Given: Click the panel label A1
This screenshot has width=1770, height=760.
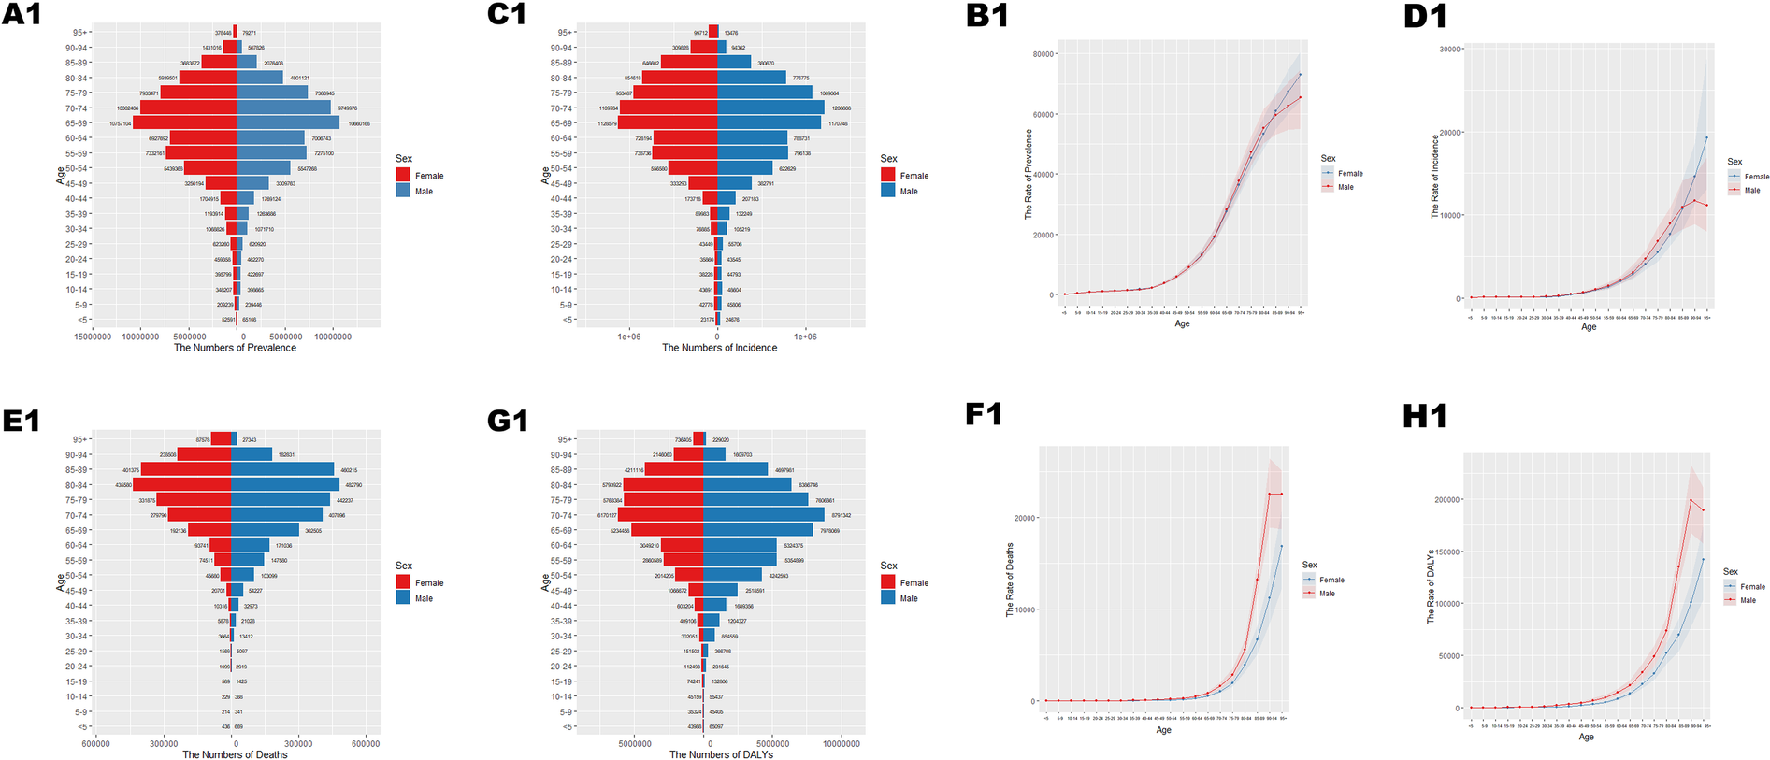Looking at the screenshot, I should (x=22, y=15).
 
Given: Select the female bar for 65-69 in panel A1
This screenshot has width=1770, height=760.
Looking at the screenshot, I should (x=184, y=122).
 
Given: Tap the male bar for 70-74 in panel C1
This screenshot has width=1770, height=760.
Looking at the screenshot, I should (x=770, y=108).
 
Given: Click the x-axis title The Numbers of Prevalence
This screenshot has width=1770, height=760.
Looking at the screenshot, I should (x=235, y=348).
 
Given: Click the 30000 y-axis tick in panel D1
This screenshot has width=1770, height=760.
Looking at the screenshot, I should (x=1448, y=49).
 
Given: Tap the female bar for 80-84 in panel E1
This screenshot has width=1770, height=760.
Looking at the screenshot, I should (x=182, y=485).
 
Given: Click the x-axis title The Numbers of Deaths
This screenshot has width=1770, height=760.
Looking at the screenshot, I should (x=235, y=754).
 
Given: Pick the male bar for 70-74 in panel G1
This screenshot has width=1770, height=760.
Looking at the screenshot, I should (x=763, y=515).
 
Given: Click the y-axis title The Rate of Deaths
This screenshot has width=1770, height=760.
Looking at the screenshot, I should (x=1010, y=580).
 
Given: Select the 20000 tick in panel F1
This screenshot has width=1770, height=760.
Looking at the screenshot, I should (x=1026, y=518).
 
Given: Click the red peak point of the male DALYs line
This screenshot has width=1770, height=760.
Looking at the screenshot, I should (x=1691, y=500).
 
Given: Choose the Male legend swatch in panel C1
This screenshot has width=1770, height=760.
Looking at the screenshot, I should (x=888, y=191).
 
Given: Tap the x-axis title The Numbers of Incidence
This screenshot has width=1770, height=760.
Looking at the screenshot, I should (x=719, y=348).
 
